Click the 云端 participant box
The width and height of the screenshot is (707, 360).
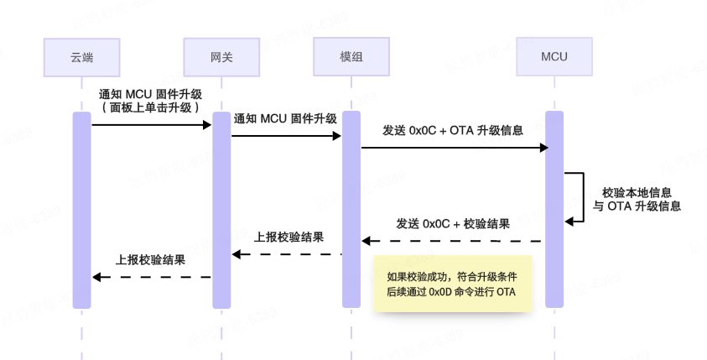point(81,57)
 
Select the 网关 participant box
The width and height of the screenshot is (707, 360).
point(221,57)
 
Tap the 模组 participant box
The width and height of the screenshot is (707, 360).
point(351,57)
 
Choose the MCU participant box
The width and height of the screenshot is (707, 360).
point(554,57)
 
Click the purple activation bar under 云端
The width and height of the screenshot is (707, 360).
point(81,210)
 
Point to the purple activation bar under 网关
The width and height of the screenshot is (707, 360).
point(221,210)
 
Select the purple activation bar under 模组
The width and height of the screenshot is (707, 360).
point(351,210)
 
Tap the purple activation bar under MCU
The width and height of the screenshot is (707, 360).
point(554,210)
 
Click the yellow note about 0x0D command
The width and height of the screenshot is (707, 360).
point(453,284)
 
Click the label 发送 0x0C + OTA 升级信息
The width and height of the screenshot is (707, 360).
point(453,131)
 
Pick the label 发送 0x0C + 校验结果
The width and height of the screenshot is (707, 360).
point(453,224)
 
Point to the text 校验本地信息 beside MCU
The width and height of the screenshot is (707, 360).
point(637,192)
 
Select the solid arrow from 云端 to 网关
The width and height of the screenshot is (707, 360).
point(151,124)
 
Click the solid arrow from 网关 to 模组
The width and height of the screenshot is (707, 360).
point(286,135)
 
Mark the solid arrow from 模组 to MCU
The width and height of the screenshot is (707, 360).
point(453,148)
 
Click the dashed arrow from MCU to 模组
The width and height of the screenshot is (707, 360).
point(453,241)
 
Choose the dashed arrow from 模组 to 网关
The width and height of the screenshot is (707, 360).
point(286,254)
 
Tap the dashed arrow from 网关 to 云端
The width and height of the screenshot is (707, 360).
point(151,277)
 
